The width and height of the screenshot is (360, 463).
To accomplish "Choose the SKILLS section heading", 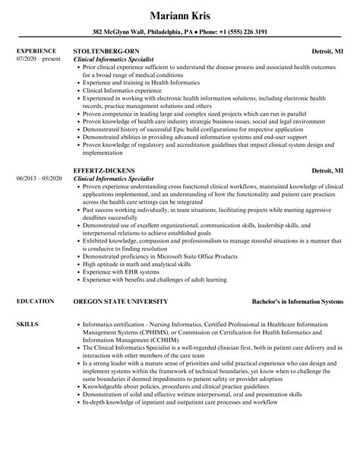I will (x=26, y=303).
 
